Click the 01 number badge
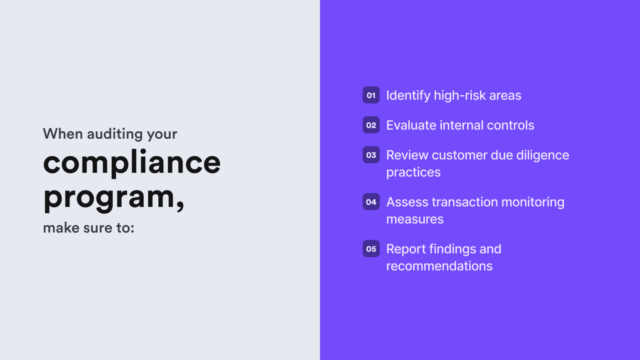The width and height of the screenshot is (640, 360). click(x=371, y=95)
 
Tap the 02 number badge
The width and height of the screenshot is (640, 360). click(x=371, y=125)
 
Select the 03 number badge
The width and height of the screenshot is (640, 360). click(x=371, y=155)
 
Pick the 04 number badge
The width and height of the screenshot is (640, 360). click(x=371, y=202)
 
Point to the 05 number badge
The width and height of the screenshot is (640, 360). click(x=371, y=249)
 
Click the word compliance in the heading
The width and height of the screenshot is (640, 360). click(x=132, y=163)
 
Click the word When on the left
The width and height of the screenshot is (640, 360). click(x=63, y=134)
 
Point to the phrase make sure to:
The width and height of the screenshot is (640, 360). click(x=89, y=228)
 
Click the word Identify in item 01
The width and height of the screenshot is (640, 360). click(x=408, y=95)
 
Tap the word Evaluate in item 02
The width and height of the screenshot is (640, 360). click(x=411, y=125)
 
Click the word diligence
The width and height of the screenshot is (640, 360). click(x=542, y=155)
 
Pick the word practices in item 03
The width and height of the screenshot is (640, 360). click(x=413, y=172)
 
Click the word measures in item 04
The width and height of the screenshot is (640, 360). click(x=415, y=219)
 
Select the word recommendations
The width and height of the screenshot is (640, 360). click(x=439, y=266)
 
